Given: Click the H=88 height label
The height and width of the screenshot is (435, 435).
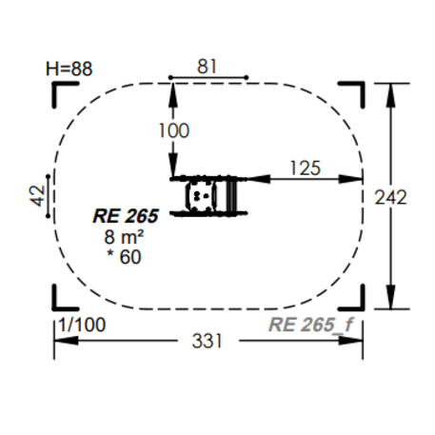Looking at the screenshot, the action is click(x=69, y=69).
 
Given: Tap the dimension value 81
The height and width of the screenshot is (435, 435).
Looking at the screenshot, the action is click(x=207, y=67).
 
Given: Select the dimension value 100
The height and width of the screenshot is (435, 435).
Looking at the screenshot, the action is click(x=174, y=130).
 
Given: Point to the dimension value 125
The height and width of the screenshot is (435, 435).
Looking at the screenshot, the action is click(x=306, y=168).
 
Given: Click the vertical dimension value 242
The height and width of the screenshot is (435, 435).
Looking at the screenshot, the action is click(x=390, y=197).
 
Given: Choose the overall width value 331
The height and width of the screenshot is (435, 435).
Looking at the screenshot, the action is click(x=208, y=342).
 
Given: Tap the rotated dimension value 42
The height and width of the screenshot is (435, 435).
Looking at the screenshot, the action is click(x=38, y=196).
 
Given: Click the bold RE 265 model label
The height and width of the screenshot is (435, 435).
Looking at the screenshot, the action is click(x=126, y=216).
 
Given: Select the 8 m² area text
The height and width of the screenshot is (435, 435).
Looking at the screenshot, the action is click(x=124, y=237).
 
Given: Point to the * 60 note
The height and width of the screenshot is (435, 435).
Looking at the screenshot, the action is click(x=124, y=257).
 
